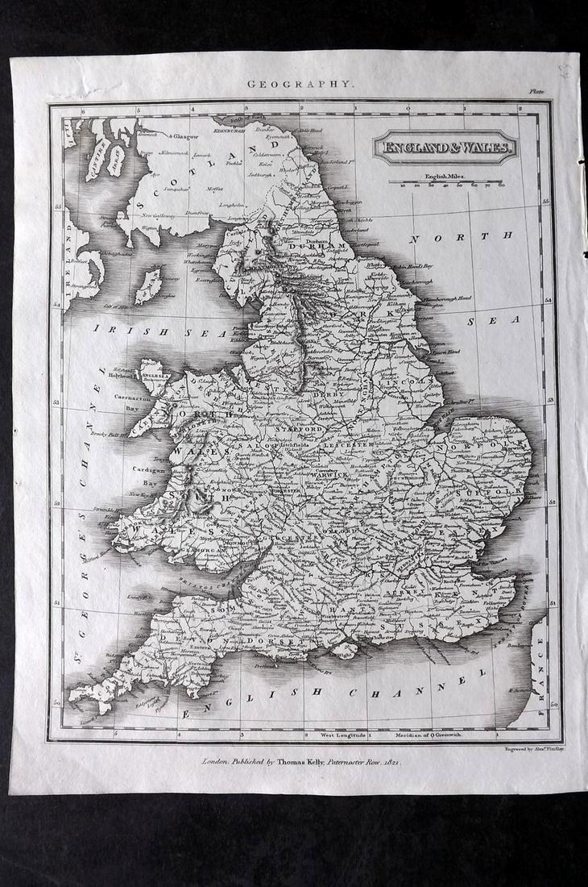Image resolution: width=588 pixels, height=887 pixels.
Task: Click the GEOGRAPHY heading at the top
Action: click(x=299, y=83)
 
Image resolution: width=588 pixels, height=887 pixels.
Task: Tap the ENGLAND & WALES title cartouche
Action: click(x=445, y=148)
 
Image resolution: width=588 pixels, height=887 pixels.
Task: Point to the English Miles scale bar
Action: click(x=445, y=182)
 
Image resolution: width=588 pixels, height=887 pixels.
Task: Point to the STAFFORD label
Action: click(x=292, y=431)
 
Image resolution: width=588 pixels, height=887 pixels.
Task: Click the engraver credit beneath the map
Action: click(x=528, y=748)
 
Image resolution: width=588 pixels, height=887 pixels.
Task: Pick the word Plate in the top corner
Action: click(x=537, y=92)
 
